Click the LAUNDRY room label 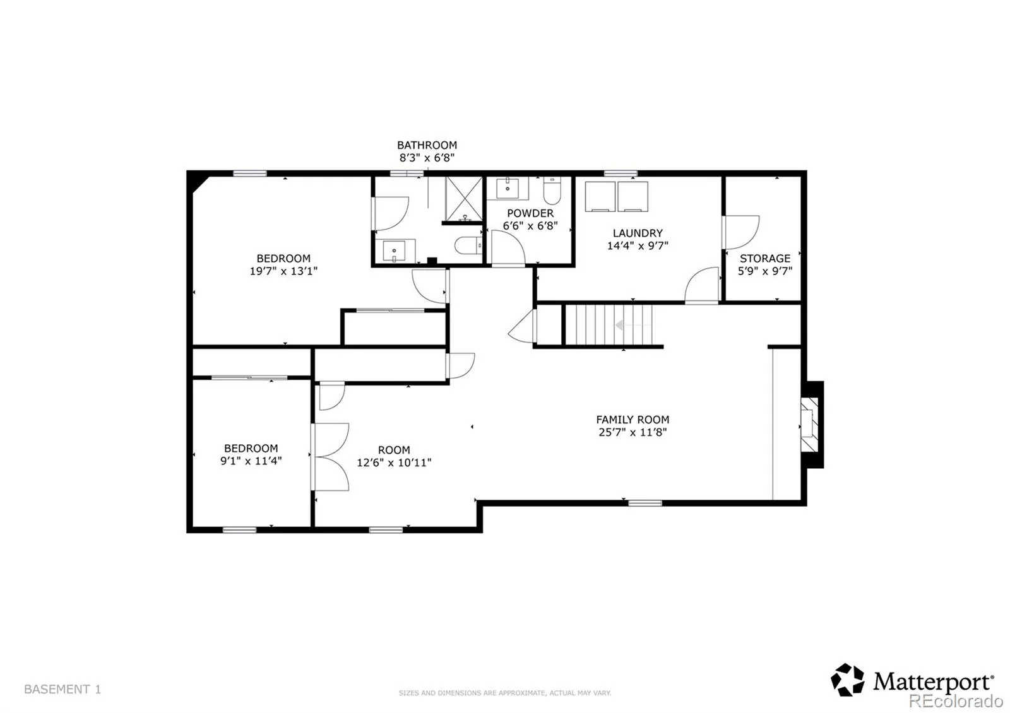pyautogui.click(x=638, y=233)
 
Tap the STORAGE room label pyautogui.click(x=765, y=258)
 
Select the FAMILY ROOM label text pyautogui.click(x=633, y=420)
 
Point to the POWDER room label pyautogui.click(x=530, y=213)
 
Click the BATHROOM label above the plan pyautogui.click(x=427, y=145)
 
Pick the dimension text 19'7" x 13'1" pyautogui.click(x=283, y=271)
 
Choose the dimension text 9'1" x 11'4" pyautogui.click(x=251, y=461)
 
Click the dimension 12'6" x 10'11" pyautogui.click(x=394, y=463)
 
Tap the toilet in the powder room pyautogui.click(x=552, y=191)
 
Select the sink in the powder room pyautogui.click(x=508, y=188)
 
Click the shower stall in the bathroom pyautogui.click(x=464, y=199)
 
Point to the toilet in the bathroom pyautogui.click(x=468, y=245)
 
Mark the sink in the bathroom pyautogui.click(x=394, y=251)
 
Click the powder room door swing pyautogui.click(x=508, y=247)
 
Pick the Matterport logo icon pyautogui.click(x=848, y=680)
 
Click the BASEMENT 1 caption pyautogui.click(x=62, y=689)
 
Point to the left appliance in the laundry pyautogui.click(x=600, y=196)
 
